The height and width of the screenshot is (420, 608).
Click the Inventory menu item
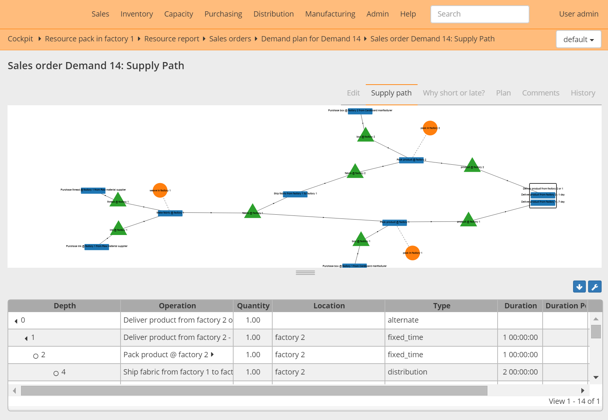click(137, 14)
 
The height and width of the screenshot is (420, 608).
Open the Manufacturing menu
click(330, 14)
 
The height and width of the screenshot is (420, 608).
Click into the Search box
click(480, 14)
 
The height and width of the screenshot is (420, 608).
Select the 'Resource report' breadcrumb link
click(172, 39)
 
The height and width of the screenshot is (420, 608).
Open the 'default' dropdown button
click(578, 39)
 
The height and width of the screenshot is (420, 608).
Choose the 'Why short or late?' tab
click(454, 93)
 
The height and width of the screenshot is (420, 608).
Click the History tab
click(583, 93)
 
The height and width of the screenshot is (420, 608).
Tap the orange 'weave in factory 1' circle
click(160, 190)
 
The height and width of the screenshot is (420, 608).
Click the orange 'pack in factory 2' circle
click(430, 128)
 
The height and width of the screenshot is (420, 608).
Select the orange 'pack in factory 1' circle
click(412, 253)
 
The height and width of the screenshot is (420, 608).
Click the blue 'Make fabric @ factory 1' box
click(170, 213)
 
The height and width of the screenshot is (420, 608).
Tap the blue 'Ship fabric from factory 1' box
click(295, 194)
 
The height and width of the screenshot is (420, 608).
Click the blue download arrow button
click(579, 287)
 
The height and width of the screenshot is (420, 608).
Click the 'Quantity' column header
click(253, 306)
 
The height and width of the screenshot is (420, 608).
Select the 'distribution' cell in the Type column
click(407, 372)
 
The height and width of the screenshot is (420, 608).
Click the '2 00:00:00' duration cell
click(520, 372)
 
